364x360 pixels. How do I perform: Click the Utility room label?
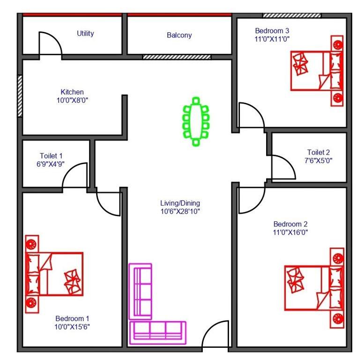coord(85,33)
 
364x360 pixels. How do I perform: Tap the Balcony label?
coord(179,35)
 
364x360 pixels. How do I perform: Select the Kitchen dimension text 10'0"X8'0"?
coord(72,99)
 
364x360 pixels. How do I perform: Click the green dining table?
coord(196,121)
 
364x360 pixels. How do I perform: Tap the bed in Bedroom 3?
coord(317,70)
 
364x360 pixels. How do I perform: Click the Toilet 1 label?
coord(51,156)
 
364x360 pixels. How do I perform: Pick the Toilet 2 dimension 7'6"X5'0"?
coord(319,160)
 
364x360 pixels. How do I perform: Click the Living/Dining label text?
coord(180,203)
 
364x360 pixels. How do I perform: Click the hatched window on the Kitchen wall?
coord(20,96)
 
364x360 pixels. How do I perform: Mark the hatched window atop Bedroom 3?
coord(291,15)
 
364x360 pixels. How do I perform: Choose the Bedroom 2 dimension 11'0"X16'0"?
coord(290,232)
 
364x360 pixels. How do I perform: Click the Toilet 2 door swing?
coord(282,168)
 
